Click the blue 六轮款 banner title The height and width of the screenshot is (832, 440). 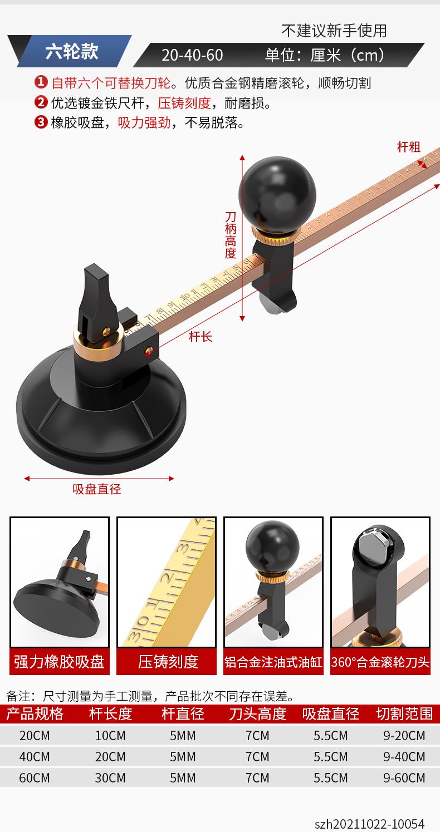(72, 51)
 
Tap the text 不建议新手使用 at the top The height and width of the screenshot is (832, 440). (334, 31)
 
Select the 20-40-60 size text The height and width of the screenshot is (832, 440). (192, 55)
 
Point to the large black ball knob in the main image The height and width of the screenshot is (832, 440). (277, 193)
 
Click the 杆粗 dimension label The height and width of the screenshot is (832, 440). (409, 147)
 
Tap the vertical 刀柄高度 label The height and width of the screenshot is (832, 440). (231, 235)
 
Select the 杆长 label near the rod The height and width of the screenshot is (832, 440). (201, 337)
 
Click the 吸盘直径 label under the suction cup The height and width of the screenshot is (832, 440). (96, 489)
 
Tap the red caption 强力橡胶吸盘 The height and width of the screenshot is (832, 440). (60, 662)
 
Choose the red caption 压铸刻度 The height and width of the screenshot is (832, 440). (168, 662)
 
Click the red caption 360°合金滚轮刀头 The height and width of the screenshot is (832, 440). (380, 662)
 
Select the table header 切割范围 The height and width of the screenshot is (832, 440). (404, 713)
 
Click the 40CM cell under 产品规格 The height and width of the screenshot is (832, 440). (34, 757)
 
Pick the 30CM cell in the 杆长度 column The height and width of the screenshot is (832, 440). (110, 778)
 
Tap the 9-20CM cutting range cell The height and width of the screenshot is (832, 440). (404, 735)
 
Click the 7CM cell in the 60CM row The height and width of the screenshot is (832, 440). (257, 778)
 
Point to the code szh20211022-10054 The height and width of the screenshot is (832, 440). (369, 824)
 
